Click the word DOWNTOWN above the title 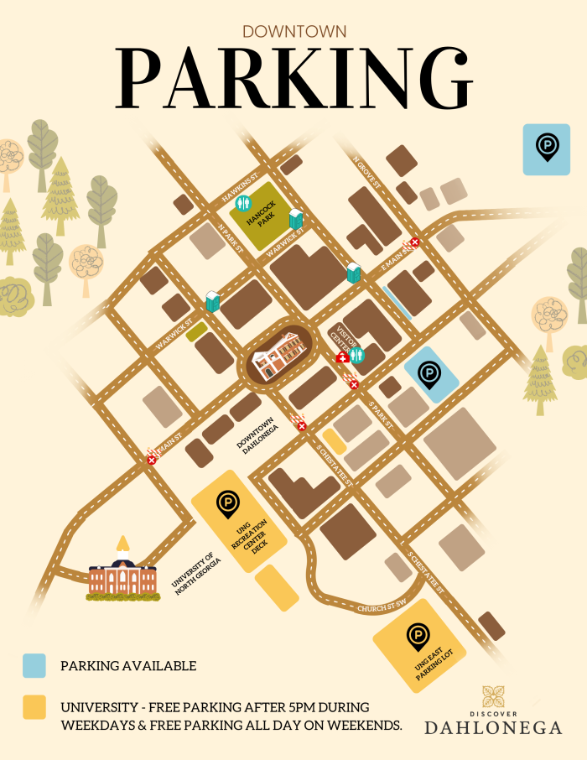293,31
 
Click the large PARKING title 293,78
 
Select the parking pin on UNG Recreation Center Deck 226,504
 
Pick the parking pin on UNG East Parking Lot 418,638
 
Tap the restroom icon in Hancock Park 244,203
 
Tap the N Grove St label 366,172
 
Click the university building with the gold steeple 122,575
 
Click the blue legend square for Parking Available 34,666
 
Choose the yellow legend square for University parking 34,707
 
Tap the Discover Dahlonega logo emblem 493,696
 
